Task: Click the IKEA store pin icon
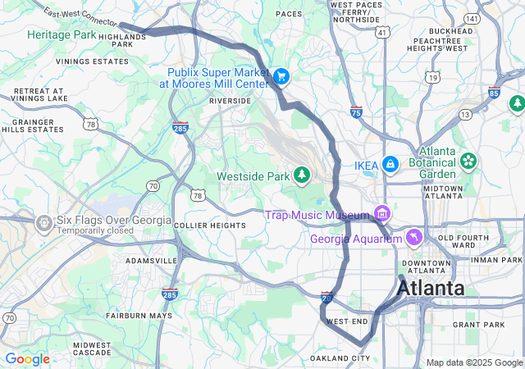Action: [x=390, y=165]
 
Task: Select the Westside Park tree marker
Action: [x=303, y=175]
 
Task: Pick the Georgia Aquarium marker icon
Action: [x=414, y=238]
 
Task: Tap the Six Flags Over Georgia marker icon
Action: [x=43, y=221]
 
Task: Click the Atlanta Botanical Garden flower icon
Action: [x=468, y=160]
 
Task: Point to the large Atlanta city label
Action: [x=431, y=289]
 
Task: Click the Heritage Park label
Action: [x=61, y=35]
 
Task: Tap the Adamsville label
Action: [x=151, y=260]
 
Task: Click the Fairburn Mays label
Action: [x=139, y=316]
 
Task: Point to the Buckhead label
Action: [x=450, y=31]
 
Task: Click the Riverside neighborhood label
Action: [x=231, y=101]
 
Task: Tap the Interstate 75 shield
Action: [x=356, y=111]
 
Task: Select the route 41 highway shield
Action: [x=382, y=32]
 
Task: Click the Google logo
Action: [x=27, y=359]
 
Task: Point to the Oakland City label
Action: [x=340, y=358]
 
